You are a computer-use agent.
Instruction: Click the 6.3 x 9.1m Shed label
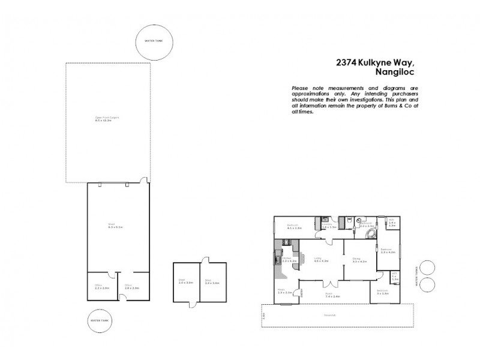pyautogui.click(x=115, y=227)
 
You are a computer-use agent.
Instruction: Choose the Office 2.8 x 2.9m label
pyautogui.click(x=131, y=287)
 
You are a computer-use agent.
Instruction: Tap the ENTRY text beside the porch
pyautogui.click(x=302, y=293)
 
